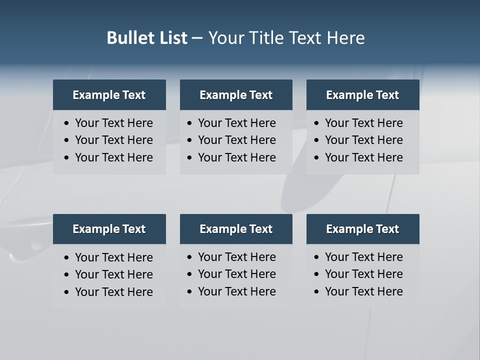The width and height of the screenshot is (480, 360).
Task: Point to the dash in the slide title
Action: click(197, 38)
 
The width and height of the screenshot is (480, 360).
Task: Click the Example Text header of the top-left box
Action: click(109, 95)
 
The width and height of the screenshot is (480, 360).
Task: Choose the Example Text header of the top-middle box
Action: click(236, 95)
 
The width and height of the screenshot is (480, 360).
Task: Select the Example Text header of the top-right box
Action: click(362, 95)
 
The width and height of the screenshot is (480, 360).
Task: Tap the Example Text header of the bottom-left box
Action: click(109, 229)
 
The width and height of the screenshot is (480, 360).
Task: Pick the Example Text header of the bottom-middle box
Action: click(236, 229)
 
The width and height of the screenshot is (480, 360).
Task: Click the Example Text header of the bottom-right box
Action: click(362, 229)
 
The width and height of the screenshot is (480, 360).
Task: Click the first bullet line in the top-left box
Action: click(113, 123)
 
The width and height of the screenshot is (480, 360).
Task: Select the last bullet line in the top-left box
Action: click(113, 157)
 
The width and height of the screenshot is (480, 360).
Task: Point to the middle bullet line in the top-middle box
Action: click(236, 140)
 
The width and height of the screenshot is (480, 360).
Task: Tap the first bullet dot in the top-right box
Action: click(316, 123)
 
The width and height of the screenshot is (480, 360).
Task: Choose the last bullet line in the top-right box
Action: click(363, 157)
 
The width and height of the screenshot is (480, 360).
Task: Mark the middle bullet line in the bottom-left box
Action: click(113, 274)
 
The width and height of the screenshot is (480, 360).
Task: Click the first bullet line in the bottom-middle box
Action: click(236, 257)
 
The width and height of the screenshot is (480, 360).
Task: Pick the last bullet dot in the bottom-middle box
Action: click(189, 292)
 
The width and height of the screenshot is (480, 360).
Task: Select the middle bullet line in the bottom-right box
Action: click(363, 274)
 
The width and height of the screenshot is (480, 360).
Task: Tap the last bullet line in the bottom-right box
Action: click(363, 291)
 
